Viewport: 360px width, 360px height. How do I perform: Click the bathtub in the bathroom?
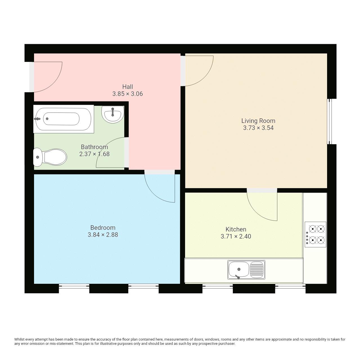(x=64, y=119)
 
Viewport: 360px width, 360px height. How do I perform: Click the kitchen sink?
(x=246, y=270)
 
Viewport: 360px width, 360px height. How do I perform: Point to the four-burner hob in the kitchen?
(x=316, y=235)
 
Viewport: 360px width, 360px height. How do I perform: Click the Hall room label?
(x=127, y=87)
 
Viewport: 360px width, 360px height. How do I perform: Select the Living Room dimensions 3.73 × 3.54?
(x=258, y=128)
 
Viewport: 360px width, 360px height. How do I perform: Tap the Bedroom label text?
(x=103, y=228)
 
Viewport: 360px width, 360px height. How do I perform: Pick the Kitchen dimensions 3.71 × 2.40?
(x=236, y=237)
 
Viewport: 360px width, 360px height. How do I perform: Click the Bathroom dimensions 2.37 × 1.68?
(x=94, y=154)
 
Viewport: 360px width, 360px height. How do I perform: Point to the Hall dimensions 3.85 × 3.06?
(x=127, y=94)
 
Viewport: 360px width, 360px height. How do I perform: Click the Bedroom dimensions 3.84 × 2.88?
(x=103, y=235)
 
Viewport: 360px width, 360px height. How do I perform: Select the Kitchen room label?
(x=236, y=229)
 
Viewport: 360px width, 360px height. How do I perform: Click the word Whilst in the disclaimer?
(x=19, y=339)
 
